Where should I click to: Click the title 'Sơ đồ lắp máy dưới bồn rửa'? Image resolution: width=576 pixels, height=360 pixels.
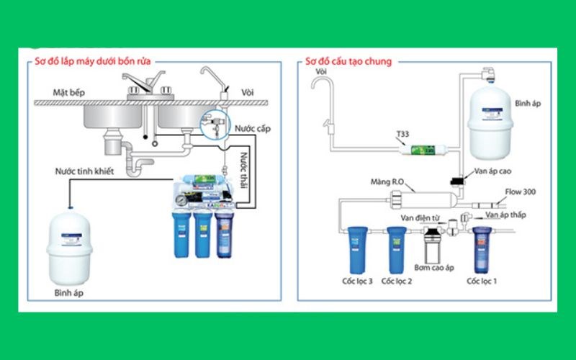coord(94,62)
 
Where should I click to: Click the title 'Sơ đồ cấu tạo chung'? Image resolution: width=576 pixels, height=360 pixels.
coord(348,62)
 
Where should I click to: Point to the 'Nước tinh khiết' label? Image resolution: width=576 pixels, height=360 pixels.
coord(84,171)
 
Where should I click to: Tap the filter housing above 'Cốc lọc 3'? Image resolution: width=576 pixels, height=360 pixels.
coord(356,244)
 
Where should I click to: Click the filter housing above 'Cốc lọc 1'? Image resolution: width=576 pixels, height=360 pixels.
coord(482,246)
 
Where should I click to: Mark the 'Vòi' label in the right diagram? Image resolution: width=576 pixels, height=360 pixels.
coord(321,73)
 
